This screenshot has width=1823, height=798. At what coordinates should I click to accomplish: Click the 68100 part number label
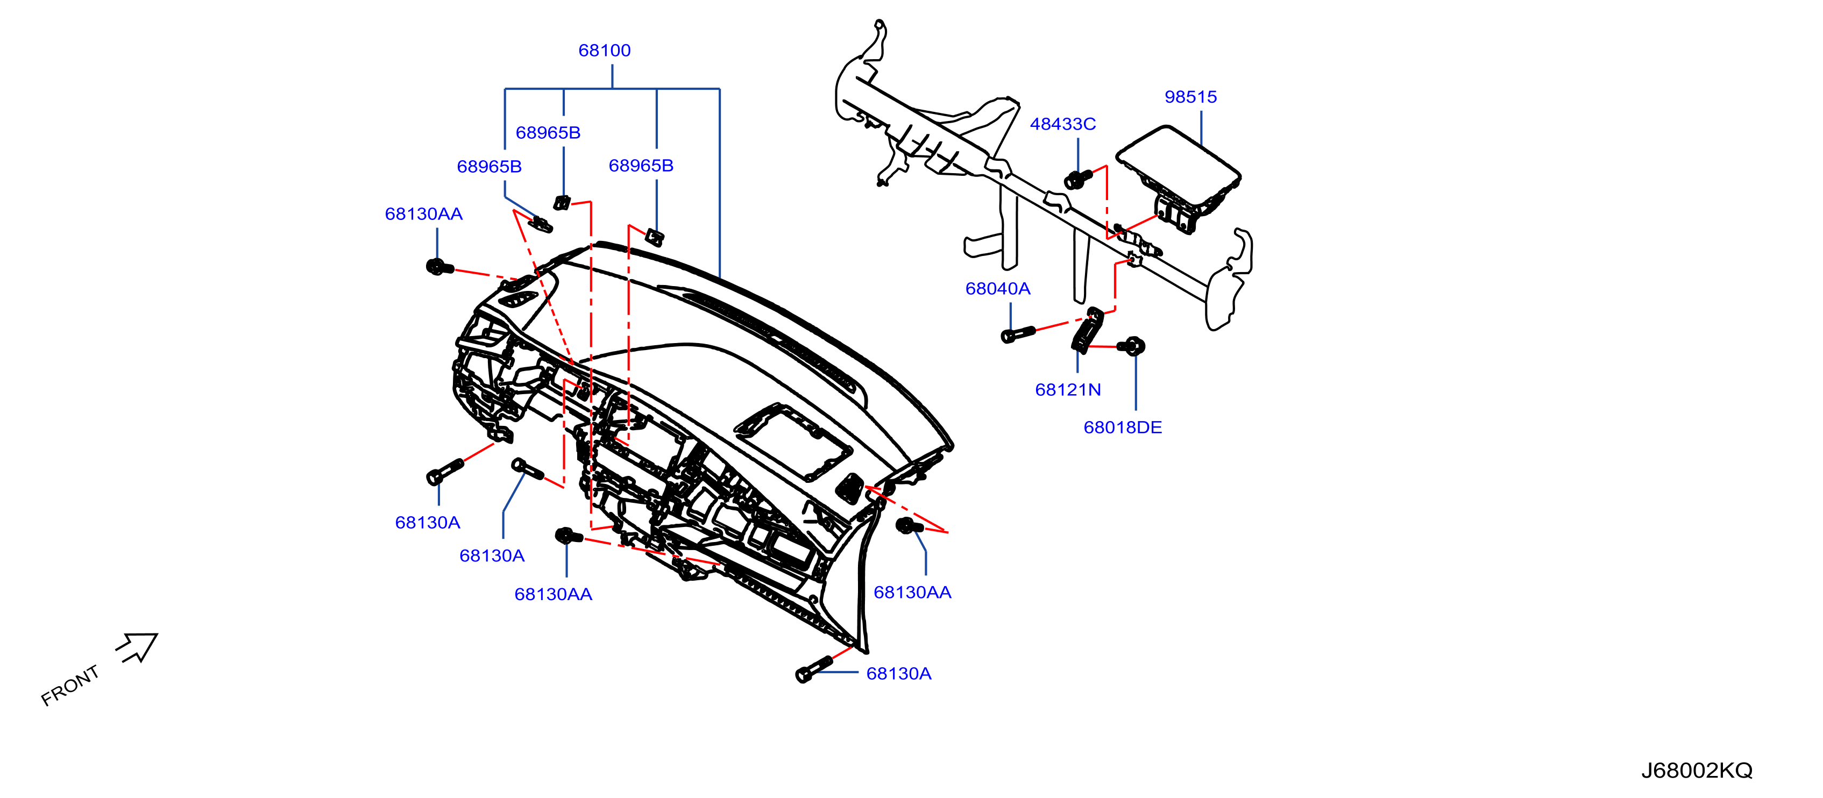tap(605, 50)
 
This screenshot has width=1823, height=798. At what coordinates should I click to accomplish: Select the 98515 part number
tap(1190, 97)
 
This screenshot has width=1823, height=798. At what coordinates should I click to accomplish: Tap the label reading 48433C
tap(1062, 124)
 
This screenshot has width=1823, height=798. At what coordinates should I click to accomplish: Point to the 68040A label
tap(997, 289)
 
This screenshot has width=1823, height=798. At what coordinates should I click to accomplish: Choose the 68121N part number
tap(1067, 390)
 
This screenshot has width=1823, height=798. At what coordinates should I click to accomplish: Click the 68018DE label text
tap(1123, 427)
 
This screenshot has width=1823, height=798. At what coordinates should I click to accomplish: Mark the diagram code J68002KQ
tap(1697, 771)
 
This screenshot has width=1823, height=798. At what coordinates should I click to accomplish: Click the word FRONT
tap(70, 686)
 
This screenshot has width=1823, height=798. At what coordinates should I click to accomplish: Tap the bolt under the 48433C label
tap(1077, 179)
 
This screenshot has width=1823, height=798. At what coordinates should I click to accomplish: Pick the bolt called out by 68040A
tap(1017, 334)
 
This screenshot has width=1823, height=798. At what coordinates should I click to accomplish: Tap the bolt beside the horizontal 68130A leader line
tap(814, 668)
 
